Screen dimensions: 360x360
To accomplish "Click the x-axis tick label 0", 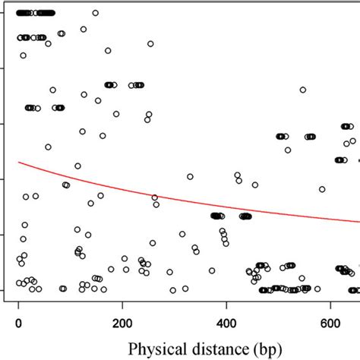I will (18, 321).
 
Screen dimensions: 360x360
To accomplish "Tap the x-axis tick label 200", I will (122, 321).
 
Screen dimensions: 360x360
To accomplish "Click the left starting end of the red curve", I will (18, 162).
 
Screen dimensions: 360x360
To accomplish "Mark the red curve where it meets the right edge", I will (358, 223).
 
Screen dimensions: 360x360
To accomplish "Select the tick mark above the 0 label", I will (18, 302).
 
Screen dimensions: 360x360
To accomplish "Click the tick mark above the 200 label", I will (122, 302).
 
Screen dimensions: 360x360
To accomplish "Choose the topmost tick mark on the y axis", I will (3, 13).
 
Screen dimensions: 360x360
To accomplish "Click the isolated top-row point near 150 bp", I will (95, 13).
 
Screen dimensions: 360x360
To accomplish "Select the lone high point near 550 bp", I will (302, 90).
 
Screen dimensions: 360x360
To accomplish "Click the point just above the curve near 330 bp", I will (190, 177).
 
